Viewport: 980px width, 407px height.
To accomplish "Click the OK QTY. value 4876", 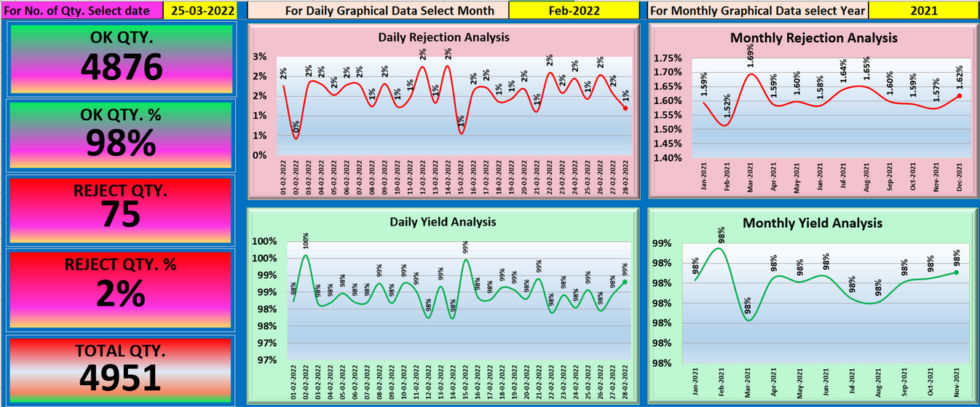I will (x=121, y=68).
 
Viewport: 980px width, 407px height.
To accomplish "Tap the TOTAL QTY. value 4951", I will (x=121, y=378).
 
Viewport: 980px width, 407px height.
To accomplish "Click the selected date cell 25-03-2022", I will (x=199, y=11).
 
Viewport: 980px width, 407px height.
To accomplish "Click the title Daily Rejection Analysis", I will (x=443, y=37).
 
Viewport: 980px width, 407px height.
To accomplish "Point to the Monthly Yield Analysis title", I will (x=813, y=224).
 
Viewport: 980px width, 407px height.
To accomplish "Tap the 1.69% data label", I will (x=751, y=56).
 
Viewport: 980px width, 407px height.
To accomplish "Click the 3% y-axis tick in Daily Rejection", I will (x=259, y=57).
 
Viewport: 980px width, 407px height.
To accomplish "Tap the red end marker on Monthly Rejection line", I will (x=960, y=95).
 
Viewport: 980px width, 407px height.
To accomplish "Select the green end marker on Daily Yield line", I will (x=625, y=282).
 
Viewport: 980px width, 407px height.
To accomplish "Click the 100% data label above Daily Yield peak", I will (x=305, y=240).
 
